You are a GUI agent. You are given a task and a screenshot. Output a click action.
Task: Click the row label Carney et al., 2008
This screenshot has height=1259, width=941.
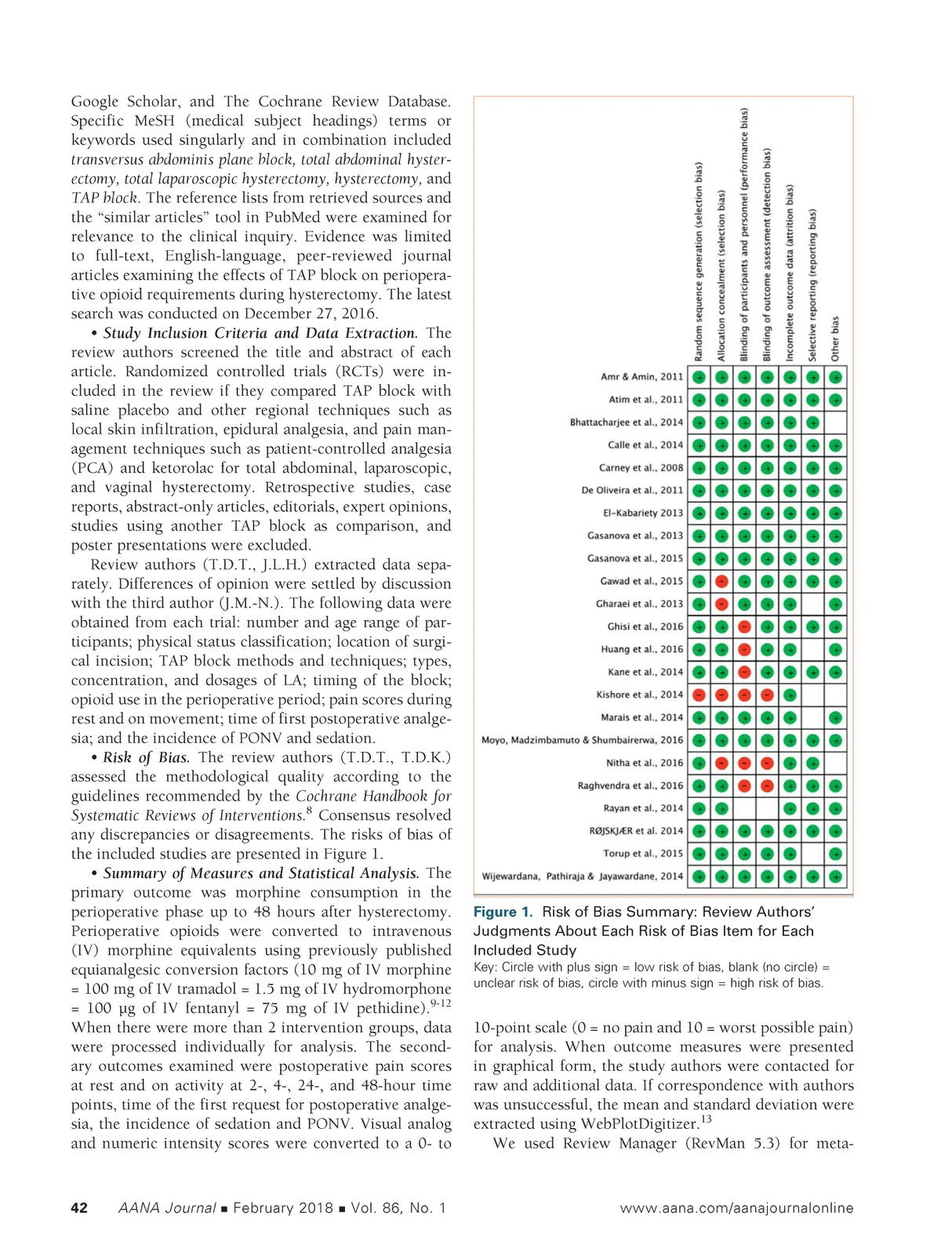coord(641,468)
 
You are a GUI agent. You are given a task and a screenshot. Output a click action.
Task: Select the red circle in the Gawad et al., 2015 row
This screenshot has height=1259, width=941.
coord(721,582)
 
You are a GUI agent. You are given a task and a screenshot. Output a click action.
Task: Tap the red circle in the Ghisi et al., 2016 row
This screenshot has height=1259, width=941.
coord(745,627)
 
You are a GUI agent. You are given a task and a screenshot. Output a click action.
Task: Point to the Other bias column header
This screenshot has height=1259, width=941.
coord(835,339)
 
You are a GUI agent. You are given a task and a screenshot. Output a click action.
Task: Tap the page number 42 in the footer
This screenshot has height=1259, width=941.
coord(79,1208)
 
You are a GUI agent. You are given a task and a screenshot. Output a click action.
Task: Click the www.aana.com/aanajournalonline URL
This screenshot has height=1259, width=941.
coord(736,1208)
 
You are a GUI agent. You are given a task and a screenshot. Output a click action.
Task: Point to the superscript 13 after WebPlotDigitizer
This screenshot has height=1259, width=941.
coord(706,1119)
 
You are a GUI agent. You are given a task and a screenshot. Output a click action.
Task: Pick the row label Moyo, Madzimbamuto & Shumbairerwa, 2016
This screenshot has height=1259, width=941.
coord(582,740)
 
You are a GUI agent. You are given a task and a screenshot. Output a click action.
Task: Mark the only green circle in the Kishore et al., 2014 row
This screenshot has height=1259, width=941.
coord(790,695)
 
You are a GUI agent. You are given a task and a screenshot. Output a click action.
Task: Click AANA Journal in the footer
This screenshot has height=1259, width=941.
coord(167,1208)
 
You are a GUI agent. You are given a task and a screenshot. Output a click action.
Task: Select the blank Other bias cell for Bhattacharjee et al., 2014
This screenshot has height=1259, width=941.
coord(836,423)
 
